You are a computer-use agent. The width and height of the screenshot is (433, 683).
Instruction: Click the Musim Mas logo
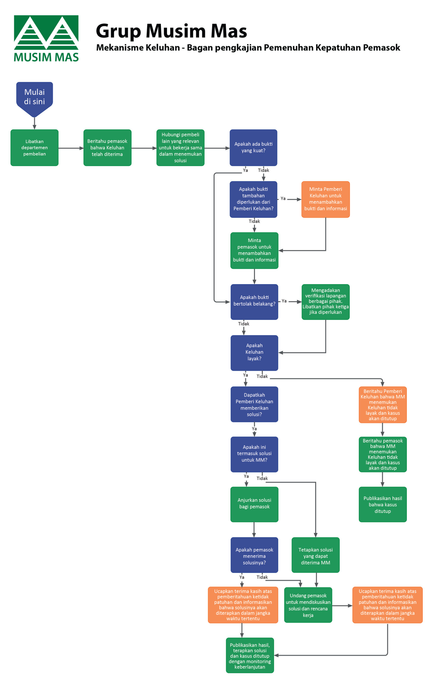[46, 38]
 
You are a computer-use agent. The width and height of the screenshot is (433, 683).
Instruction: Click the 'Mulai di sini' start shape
[34, 98]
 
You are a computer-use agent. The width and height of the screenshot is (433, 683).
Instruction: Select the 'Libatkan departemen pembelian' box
[34, 148]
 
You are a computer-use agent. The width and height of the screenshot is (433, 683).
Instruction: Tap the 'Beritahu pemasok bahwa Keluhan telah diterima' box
[107, 148]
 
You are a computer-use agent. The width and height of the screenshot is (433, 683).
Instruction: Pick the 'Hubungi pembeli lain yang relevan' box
[180, 148]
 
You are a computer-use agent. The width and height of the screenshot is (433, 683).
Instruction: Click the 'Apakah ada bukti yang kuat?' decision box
[253, 148]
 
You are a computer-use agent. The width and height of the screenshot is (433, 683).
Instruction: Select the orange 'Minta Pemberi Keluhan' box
[325, 199]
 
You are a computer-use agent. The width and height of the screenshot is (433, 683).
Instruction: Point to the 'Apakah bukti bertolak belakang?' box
[254, 301]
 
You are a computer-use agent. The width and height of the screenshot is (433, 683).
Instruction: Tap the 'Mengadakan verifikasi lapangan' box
[325, 301]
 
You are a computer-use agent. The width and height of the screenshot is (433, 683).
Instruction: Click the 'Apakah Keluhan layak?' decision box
[254, 352]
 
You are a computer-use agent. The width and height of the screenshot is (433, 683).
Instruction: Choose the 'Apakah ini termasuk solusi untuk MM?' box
[254, 454]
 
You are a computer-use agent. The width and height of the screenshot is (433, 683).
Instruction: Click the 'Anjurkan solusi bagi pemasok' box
[254, 504]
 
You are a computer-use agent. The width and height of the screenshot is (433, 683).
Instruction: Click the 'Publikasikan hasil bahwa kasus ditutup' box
[383, 504]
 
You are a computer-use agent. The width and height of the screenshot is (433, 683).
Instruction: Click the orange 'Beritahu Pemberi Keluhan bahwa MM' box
[383, 404]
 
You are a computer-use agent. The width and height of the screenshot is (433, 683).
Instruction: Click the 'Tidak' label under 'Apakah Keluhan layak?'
[262, 376]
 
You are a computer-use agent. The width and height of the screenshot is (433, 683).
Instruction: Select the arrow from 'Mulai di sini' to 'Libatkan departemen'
[34, 123]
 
